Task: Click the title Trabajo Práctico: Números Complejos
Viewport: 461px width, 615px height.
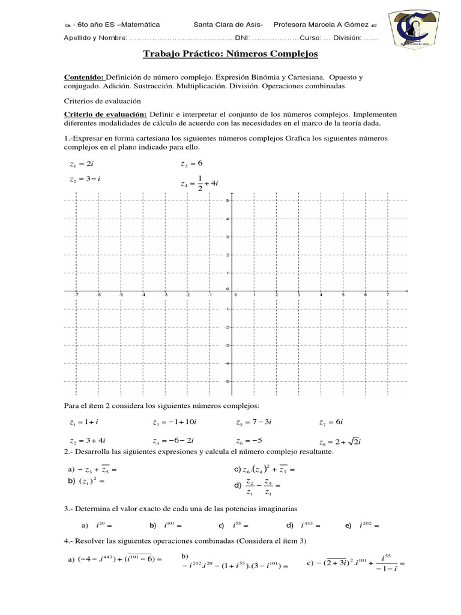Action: pyautogui.click(x=230, y=55)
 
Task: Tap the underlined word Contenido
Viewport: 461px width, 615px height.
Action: pyautogui.click(x=83, y=78)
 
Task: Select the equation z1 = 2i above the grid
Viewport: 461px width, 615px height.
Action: pyautogui.click(x=81, y=164)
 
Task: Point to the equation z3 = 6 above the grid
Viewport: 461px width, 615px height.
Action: pyautogui.click(x=191, y=163)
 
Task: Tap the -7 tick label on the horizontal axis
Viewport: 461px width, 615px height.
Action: pyautogui.click(x=76, y=295)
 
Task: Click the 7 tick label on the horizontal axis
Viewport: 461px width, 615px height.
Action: pyautogui.click(x=388, y=295)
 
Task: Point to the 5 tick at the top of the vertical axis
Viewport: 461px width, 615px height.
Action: pyautogui.click(x=227, y=201)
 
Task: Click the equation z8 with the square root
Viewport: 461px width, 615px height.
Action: pyautogui.click(x=343, y=441)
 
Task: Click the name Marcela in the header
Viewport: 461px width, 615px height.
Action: pyautogui.click(x=326, y=25)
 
